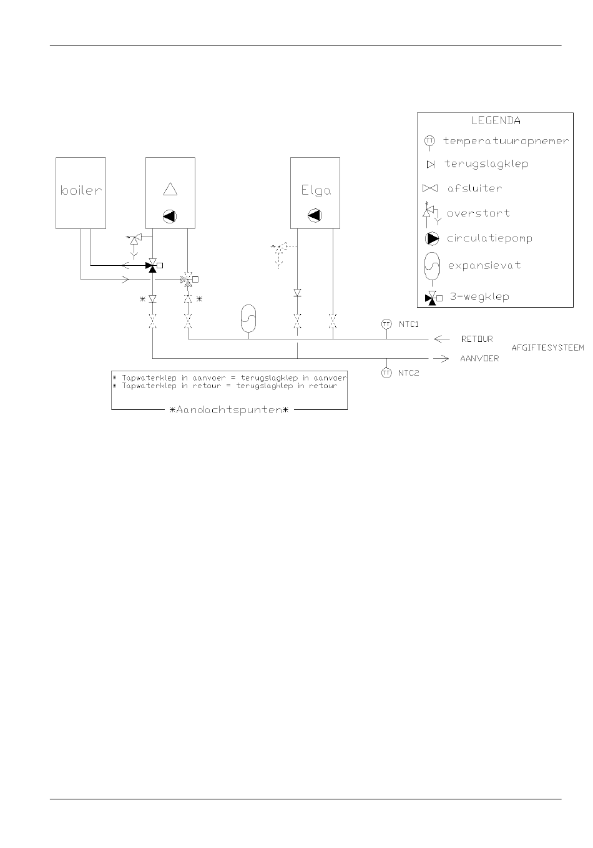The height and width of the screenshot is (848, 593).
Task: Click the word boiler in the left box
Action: (81, 190)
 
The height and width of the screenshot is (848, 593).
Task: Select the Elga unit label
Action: (316, 190)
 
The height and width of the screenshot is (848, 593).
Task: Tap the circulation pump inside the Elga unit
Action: (316, 216)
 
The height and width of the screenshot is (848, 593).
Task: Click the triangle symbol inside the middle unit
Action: (170, 188)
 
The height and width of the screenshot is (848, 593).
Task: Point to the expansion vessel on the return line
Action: (248, 318)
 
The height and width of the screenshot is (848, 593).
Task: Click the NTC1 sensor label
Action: (409, 324)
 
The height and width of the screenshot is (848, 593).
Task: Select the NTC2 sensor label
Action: (409, 373)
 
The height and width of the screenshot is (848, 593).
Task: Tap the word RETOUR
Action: (476, 339)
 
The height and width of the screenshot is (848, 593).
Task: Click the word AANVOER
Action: (479, 359)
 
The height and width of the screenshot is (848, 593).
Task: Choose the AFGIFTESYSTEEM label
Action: (548, 348)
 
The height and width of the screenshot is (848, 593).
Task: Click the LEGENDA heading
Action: (495, 120)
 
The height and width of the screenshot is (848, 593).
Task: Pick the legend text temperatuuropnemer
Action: (506, 141)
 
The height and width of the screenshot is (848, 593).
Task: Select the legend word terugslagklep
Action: (486, 164)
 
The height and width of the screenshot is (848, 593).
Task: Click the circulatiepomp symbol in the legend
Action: (432, 238)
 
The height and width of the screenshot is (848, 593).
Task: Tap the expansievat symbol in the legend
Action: (432, 266)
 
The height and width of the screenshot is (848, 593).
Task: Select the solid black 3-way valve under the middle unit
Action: (152, 265)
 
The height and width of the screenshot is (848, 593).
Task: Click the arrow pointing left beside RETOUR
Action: (441, 339)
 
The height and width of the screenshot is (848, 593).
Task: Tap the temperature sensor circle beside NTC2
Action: (386, 373)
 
